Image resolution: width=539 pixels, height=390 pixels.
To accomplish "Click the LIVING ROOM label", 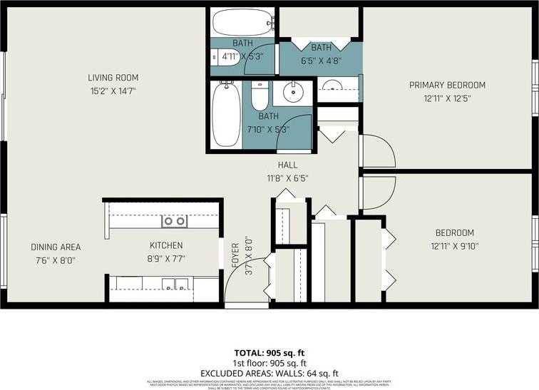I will pyautogui.click(x=113, y=78).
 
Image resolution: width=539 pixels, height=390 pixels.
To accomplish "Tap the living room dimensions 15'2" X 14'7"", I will pyautogui.click(x=113, y=91).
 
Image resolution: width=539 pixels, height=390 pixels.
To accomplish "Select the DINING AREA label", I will pyautogui.click(x=56, y=247).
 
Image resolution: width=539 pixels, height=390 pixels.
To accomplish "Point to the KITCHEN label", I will pyautogui.click(x=166, y=244).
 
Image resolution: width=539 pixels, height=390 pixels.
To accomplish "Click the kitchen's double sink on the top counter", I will pyautogui.click(x=175, y=221).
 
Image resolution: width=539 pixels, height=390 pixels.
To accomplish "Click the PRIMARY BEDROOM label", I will pyautogui.click(x=447, y=85).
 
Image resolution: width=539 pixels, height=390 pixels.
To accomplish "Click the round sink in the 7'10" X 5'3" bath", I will pyautogui.click(x=293, y=92).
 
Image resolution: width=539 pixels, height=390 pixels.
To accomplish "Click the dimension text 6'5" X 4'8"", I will pyautogui.click(x=321, y=61).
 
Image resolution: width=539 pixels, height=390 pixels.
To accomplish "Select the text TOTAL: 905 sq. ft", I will pyautogui.click(x=269, y=353).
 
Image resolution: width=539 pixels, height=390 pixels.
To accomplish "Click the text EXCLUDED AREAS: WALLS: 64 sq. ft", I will pyautogui.click(x=269, y=372).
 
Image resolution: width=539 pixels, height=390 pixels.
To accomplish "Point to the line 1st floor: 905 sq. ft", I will pyautogui.click(x=269, y=363).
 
